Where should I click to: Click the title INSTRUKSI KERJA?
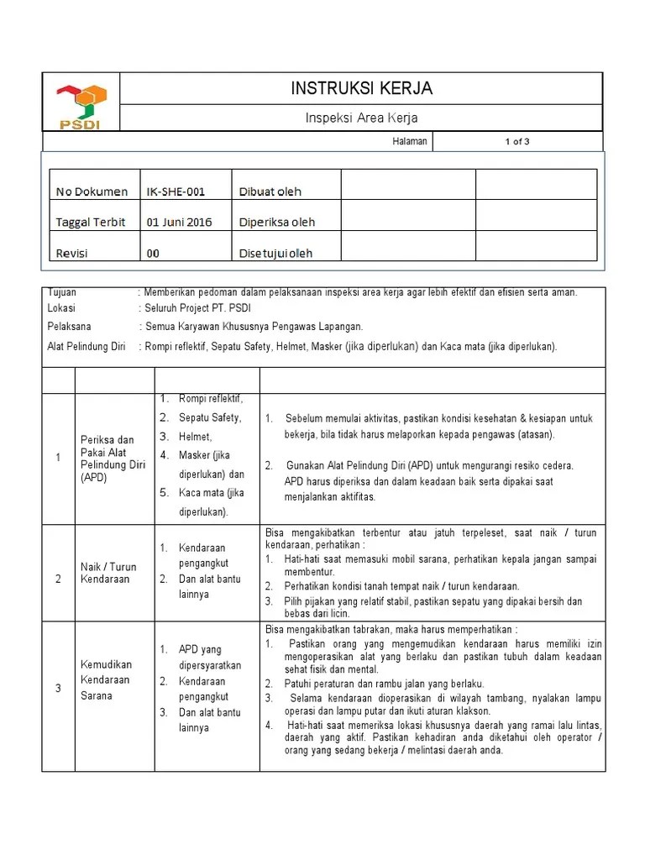tap(361, 88)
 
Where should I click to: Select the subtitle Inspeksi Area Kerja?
tap(361, 118)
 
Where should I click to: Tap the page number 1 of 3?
tap(517, 142)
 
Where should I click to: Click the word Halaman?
tap(410, 142)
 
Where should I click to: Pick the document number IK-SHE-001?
tap(176, 191)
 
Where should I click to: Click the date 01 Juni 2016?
tap(180, 223)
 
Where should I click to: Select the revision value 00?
tap(153, 253)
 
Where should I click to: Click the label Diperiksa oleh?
tap(277, 223)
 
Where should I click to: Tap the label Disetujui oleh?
tap(276, 253)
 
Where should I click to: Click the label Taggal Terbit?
tap(91, 223)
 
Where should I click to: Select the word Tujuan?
tap(62, 293)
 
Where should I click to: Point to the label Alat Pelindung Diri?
tap(87, 346)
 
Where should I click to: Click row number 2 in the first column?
tap(59, 579)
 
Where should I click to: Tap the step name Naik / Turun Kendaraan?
tap(107, 573)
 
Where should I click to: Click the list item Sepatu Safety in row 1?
tap(210, 417)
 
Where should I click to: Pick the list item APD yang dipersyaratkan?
tap(210, 657)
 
